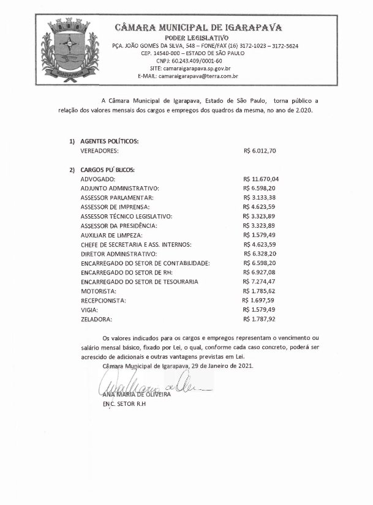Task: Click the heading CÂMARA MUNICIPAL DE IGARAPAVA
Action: (198, 28)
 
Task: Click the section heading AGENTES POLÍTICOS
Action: (110, 141)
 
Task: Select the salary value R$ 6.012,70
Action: (260, 150)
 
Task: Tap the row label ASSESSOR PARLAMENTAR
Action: (117, 198)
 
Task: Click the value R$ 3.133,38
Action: (260, 198)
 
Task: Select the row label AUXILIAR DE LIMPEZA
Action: (111, 235)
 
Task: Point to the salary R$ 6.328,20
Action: (260, 253)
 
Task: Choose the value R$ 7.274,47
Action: (260, 282)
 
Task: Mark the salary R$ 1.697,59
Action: (259, 301)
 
